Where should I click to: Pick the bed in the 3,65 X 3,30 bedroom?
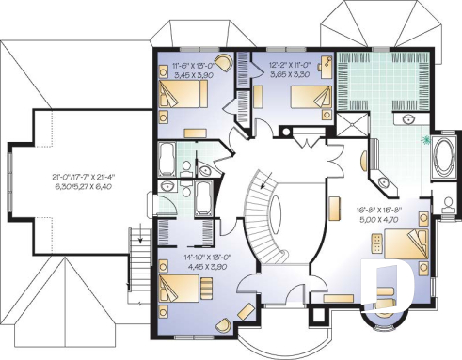tap(306, 97)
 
